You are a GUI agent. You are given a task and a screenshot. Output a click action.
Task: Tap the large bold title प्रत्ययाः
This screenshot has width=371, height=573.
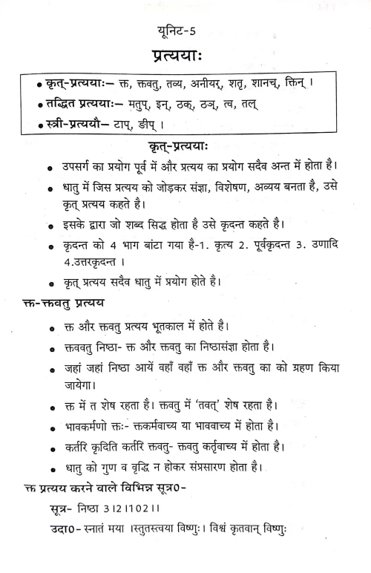click(x=185, y=59)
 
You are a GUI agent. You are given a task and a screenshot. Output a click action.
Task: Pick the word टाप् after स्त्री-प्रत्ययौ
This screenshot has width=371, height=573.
click(x=120, y=126)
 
